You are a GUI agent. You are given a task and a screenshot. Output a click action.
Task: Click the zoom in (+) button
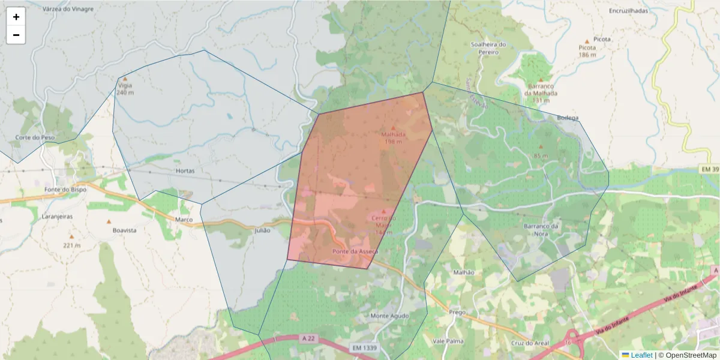click(x=16, y=17)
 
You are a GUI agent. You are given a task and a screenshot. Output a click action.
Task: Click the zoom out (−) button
click(x=16, y=35)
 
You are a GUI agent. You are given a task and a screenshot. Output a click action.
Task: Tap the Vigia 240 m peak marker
click(x=125, y=79)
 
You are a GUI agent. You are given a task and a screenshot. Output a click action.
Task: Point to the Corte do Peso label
click(x=35, y=137)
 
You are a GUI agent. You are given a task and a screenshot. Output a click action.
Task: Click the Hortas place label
click(x=185, y=171)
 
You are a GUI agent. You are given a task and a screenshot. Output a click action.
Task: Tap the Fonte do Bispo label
click(x=65, y=190)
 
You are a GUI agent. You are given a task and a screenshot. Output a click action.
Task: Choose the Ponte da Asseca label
click(x=355, y=251)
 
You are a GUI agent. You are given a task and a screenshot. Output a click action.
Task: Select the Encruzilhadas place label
click(x=628, y=11)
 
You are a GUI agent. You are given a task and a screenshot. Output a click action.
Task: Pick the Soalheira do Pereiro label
click(x=488, y=48)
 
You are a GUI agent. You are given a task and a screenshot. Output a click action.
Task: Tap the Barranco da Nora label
click(x=541, y=229)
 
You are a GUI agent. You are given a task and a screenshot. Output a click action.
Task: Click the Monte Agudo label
click(x=389, y=316)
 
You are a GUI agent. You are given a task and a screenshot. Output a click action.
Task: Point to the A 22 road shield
click(x=308, y=339)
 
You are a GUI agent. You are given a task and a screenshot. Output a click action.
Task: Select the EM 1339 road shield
click(x=364, y=348)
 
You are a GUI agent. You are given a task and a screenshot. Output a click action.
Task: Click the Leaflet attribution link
click(x=641, y=355)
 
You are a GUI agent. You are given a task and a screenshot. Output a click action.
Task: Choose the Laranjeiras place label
click(x=57, y=216)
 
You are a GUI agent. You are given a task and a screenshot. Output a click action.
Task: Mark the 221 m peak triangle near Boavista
click(x=71, y=237)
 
